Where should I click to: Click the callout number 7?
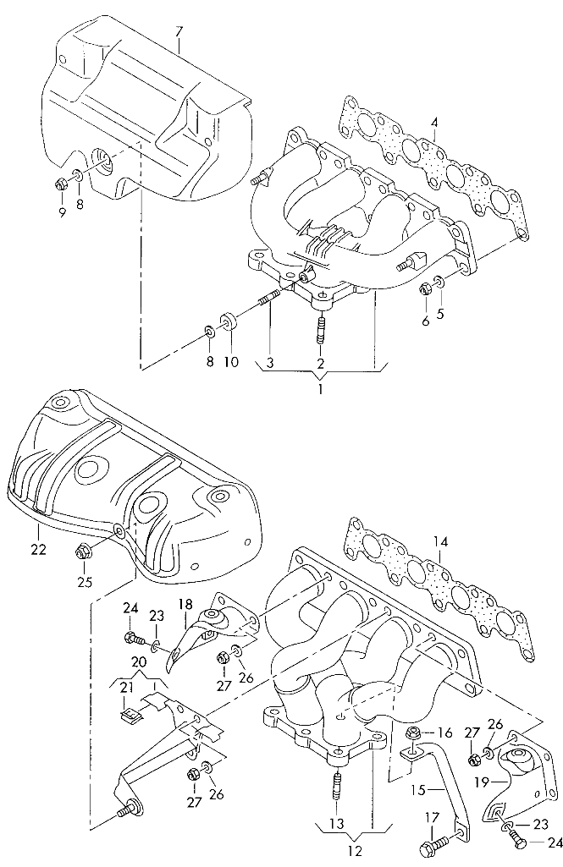[179, 32]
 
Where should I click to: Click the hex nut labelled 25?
[83, 552]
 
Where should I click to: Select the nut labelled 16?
[414, 733]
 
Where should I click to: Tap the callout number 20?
[138, 662]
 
